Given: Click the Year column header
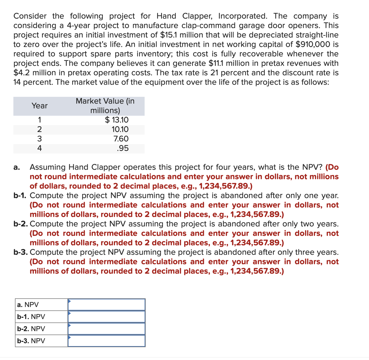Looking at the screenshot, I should click(39, 106).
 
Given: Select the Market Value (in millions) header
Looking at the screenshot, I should click(105, 106).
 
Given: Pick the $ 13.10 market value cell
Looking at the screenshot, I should click(117, 120).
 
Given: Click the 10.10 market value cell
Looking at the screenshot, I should click(120, 129).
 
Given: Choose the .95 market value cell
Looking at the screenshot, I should click(123, 148).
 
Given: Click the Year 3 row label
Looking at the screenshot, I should click(39, 139).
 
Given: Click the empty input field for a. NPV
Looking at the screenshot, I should click(106, 305).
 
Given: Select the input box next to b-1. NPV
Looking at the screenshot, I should click(106, 317).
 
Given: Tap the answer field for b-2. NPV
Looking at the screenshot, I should click(106, 329).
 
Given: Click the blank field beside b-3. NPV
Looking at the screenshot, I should click(106, 341).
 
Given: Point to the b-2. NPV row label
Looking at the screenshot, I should click(31, 329).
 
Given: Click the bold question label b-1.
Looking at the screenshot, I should click(21, 195).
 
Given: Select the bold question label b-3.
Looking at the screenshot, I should click(21, 252).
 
